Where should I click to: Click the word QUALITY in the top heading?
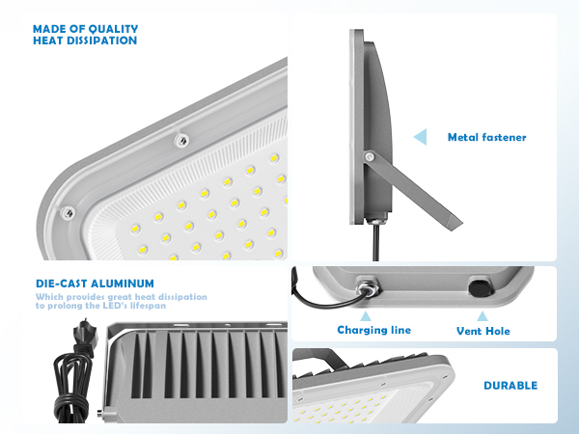(112, 28)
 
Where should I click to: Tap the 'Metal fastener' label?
(486, 138)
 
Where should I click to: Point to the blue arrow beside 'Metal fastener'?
(420, 138)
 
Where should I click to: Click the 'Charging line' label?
(373, 330)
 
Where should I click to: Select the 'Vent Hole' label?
(483, 331)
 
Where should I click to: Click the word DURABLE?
(510, 386)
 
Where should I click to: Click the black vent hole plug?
(479, 287)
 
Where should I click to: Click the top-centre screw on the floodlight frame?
(179, 141)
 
